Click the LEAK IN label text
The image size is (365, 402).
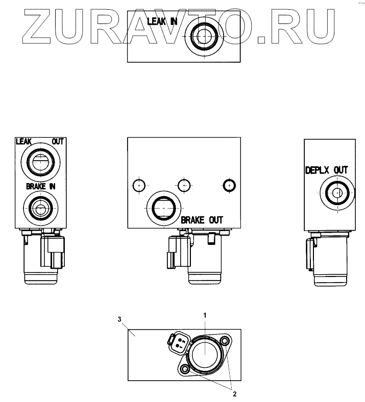(x=162, y=21)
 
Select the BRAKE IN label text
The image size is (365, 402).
(x=41, y=187)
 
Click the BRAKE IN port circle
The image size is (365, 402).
(x=39, y=208)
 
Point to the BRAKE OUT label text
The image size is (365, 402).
(x=202, y=220)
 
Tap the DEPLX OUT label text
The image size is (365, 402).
(x=326, y=170)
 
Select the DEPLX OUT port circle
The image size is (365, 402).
(x=336, y=192)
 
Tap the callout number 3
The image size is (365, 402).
(x=119, y=319)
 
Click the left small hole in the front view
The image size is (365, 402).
(x=138, y=185)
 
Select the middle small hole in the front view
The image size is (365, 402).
(x=184, y=185)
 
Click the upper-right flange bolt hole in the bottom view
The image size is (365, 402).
(x=223, y=340)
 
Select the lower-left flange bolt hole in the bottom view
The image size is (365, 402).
(x=185, y=368)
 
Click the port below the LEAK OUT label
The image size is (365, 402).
(x=39, y=163)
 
